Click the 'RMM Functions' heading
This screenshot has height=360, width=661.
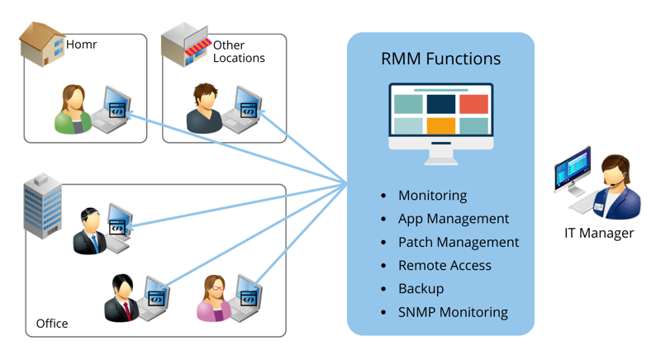point(440,59)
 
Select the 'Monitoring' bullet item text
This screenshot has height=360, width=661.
point(432,196)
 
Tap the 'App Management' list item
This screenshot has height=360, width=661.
point(453,219)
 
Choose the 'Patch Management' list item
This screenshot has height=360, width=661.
point(459,242)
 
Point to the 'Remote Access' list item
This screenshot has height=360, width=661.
point(445,265)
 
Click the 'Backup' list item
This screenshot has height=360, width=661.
point(421,288)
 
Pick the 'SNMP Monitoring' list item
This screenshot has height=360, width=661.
point(453,312)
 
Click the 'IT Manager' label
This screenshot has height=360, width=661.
point(599,233)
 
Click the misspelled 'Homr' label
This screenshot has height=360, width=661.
point(81,45)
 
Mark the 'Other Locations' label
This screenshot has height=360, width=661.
point(239,51)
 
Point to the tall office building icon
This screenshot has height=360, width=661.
point(42,206)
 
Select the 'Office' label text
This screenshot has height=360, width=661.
point(52,323)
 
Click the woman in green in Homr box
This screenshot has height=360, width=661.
point(73,110)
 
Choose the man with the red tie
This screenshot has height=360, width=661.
point(122,298)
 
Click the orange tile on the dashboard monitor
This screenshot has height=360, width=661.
point(440,126)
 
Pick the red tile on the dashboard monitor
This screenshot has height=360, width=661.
point(473,104)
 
